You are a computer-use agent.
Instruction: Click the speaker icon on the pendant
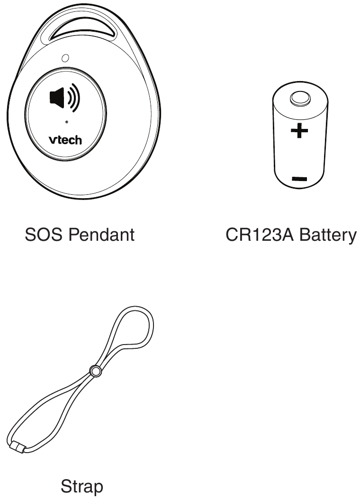point(65,98)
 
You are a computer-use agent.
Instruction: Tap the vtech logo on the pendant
point(65,140)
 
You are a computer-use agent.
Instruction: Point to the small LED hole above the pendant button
point(65,58)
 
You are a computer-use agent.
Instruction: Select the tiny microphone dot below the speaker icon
point(66,122)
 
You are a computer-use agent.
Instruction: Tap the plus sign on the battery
point(299,130)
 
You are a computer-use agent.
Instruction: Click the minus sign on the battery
point(299,179)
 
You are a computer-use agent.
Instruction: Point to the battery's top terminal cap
point(300,99)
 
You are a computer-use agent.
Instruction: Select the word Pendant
point(101,235)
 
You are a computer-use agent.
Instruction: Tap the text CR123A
point(259,235)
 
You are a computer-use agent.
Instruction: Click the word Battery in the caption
point(328,236)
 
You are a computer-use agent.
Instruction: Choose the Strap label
point(82,487)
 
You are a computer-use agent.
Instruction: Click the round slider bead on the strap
point(95,371)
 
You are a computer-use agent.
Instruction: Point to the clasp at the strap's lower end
point(18,446)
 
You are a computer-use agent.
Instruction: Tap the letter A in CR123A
point(287,235)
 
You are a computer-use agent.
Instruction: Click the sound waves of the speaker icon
point(72,98)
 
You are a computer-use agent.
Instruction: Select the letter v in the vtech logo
point(52,141)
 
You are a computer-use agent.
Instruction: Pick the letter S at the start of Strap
point(66,487)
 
